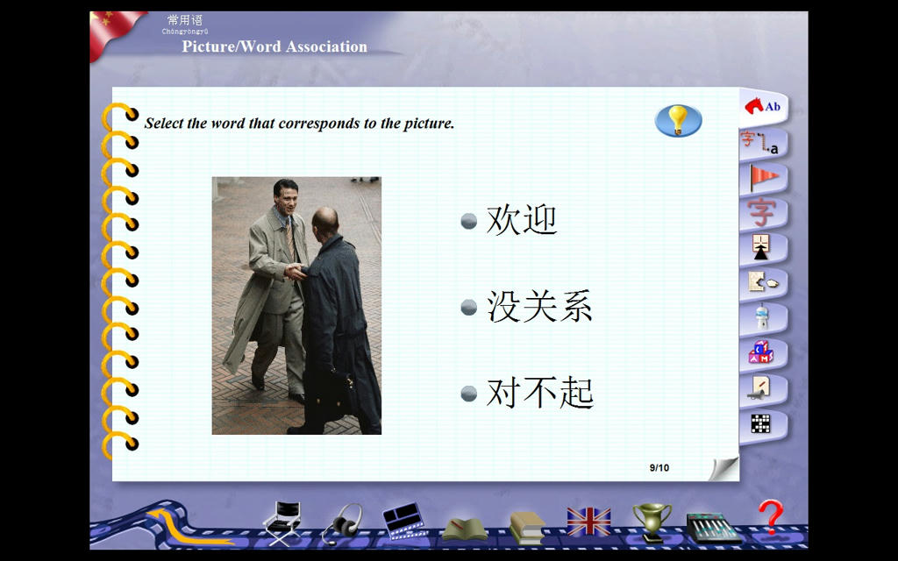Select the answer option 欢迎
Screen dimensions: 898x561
(x=521, y=220)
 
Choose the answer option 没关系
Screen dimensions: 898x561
(x=539, y=306)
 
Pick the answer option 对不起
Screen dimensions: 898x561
(x=539, y=393)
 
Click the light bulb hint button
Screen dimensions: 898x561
(x=678, y=120)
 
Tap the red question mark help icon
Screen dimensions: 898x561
(x=770, y=517)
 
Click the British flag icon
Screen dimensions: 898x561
(x=588, y=522)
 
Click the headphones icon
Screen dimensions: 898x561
(x=343, y=523)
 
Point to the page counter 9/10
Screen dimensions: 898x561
(x=659, y=468)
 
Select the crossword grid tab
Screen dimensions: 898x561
(x=760, y=424)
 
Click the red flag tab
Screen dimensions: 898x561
(x=764, y=177)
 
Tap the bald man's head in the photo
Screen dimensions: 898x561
(x=325, y=222)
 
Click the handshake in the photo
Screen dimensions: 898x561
(x=295, y=271)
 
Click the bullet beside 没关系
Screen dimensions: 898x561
(x=469, y=308)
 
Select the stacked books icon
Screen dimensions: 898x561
(x=527, y=528)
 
